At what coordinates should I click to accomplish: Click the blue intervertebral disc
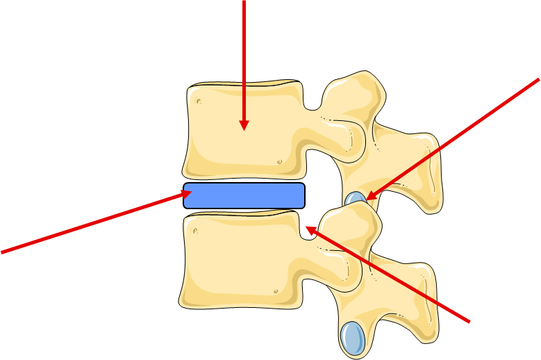(244, 195)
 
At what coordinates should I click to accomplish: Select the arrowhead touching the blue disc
(186, 194)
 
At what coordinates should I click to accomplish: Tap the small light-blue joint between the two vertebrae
(357, 199)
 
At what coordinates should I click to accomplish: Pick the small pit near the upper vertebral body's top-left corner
(198, 101)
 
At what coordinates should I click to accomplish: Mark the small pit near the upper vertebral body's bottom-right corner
(280, 162)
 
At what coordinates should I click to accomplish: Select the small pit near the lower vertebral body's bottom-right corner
(276, 291)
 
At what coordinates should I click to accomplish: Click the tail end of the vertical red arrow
(244, 1)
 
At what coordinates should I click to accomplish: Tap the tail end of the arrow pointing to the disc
(2, 252)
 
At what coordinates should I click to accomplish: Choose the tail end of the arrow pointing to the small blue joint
(538, 79)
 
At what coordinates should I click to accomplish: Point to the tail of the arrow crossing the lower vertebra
(469, 322)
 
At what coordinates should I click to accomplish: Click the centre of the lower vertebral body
(240, 261)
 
